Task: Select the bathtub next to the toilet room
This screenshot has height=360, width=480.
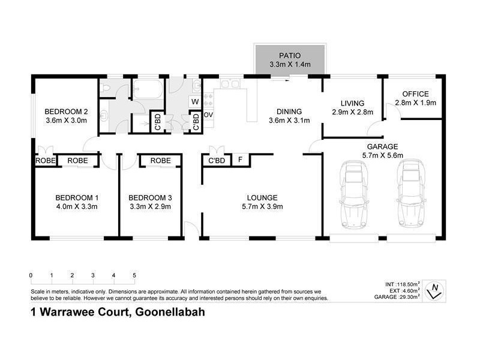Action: point(146,91)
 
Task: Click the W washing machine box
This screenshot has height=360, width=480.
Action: point(195,101)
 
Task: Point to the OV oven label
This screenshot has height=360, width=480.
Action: point(209,114)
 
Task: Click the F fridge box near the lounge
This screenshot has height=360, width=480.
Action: point(240,160)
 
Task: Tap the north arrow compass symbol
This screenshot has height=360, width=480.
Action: point(434,291)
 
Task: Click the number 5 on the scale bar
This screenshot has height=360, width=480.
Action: point(134,275)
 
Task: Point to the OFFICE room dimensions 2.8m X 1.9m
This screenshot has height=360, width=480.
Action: point(415,103)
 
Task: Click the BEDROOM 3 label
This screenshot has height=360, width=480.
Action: point(151,198)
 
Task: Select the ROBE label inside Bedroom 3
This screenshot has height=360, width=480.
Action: point(160,161)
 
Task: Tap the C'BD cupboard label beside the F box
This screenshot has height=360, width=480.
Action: point(217,161)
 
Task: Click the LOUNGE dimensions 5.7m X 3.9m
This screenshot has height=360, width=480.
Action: point(262,207)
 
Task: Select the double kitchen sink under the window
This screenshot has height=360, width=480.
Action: point(230,85)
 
